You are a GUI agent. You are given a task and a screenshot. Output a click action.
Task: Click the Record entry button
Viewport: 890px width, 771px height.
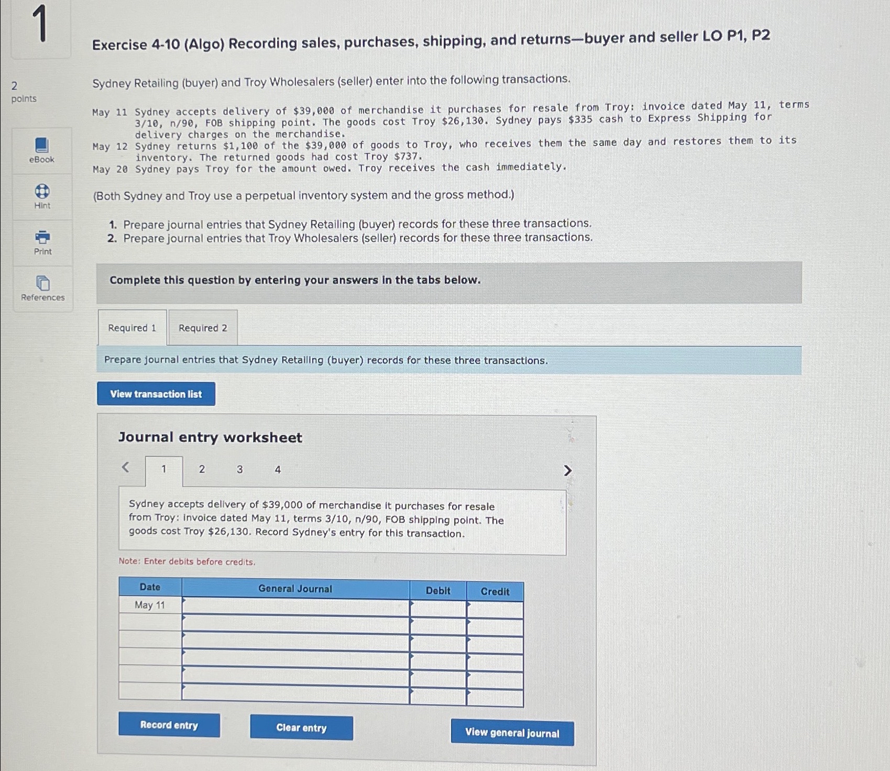(x=169, y=725)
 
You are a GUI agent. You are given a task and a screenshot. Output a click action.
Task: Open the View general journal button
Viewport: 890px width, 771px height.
(x=512, y=733)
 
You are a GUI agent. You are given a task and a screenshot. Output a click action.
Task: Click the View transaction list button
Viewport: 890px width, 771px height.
(x=156, y=394)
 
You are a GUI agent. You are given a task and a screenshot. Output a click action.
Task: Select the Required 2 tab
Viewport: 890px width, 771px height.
(x=203, y=328)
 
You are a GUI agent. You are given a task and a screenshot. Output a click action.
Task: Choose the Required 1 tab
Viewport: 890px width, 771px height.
(x=132, y=328)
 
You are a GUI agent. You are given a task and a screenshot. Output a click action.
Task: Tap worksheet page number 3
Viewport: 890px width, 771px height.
(x=240, y=469)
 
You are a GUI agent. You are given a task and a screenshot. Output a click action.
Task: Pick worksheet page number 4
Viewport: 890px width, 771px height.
(x=278, y=470)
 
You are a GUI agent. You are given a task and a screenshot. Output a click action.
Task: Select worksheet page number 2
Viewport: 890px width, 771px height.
(x=202, y=469)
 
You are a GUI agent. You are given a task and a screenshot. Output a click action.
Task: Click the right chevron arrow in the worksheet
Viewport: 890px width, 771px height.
(x=567, y=471)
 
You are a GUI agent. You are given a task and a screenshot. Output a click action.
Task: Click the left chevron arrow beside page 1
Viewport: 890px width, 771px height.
(x=125, y=467)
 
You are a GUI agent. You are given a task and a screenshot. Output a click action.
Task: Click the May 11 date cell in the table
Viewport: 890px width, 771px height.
(x=150, y=605)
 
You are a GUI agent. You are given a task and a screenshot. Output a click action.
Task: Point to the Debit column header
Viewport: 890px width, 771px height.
(x=438, y=591)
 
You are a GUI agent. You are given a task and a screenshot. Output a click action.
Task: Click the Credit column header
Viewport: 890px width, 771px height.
(x=495, y=591)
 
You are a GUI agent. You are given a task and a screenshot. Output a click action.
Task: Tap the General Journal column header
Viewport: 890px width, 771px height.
(x=295, y=589)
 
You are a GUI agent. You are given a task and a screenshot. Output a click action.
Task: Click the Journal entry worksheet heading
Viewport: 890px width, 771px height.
(x=210, y=437)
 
